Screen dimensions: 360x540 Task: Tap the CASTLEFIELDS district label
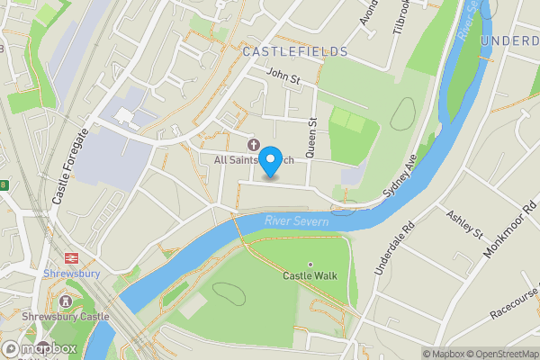tap(294, 52)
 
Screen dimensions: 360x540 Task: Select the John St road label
tap(283, 79)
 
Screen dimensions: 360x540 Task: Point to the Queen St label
tap(312, 139)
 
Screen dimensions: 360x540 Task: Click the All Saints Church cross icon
tap(253, 144)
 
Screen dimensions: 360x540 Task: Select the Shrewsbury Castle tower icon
tap(66, 301)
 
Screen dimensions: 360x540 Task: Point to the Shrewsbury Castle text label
tap(66, 317)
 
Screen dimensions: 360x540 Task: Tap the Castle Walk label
tap(310, 275)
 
